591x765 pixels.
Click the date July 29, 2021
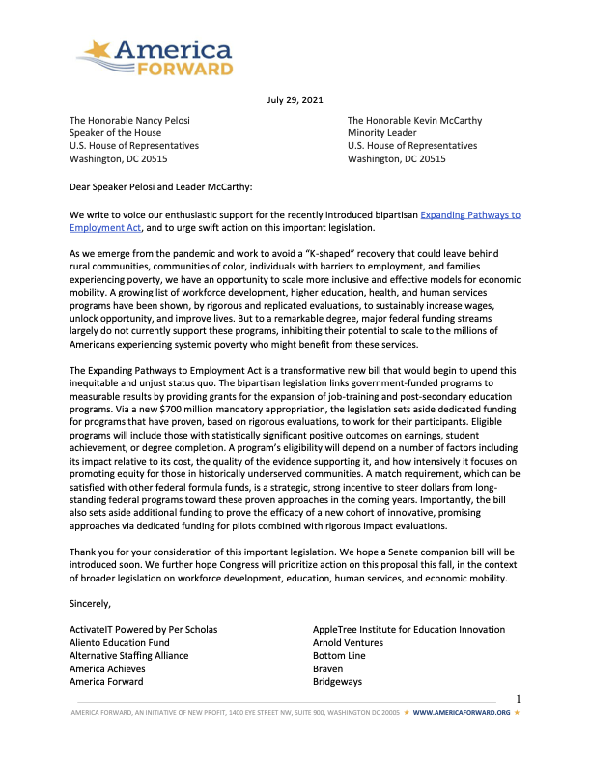pyautogui.click(x=295, y=99)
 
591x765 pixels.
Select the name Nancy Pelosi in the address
pyautogui.click(x=159, y=120)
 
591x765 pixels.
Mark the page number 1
pyautogui.click(x=519, y=700)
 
